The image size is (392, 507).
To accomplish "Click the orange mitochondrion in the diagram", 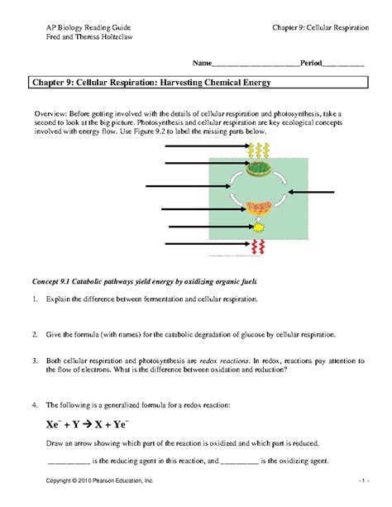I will (258, 208).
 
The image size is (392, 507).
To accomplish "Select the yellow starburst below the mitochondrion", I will (257, 227).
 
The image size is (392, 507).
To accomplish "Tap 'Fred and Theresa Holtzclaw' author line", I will (89, 38).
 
